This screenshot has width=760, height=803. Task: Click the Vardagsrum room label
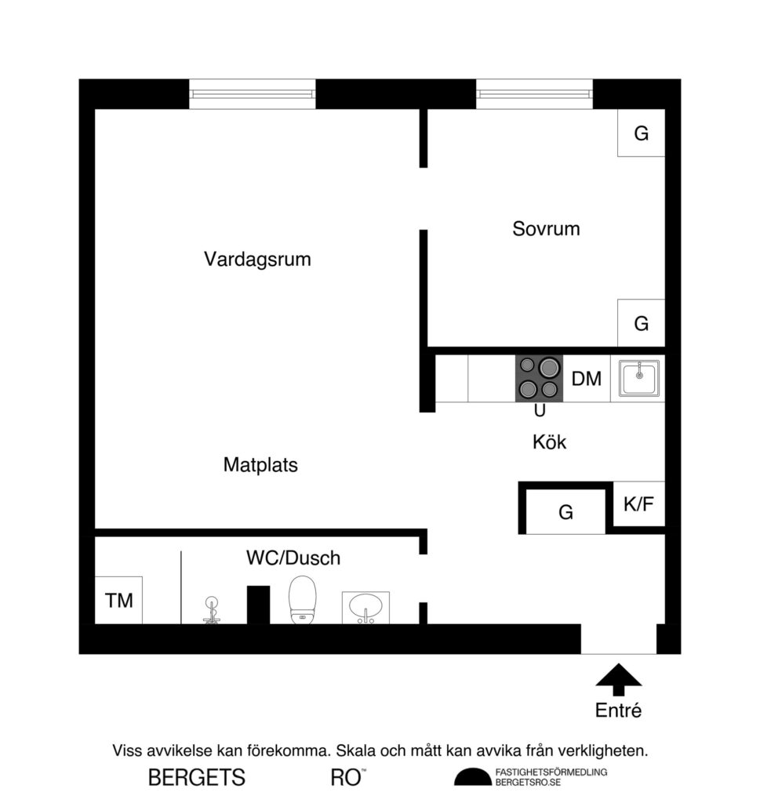click(x=257, y=259)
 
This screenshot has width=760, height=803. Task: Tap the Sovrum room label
click(x=546, y=229)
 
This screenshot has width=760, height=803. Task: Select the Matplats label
click(x=260, y=465)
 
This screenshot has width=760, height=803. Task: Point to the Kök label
click(x=549, y=442)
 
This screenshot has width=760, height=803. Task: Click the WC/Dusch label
click(x=293, y=558)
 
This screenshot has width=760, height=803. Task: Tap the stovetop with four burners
click(x=539, y=378)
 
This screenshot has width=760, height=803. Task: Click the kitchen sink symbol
click(x=639, y=378)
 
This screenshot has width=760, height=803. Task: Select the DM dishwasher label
click(x=586, y=380)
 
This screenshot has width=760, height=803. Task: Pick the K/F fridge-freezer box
click(x=638, y=504)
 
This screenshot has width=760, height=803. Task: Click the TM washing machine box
click(x=118, y=601)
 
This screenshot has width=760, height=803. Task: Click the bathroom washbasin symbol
click(x=365, y=607)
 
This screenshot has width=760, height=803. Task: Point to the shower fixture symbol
click(x=210, y=609)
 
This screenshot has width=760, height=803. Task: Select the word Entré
click(x=618, y=712)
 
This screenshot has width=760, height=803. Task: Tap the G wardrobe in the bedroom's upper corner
click(x=641, y=133)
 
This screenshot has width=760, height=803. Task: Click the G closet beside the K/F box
click(x=565, y=513)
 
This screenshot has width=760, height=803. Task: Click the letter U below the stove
click(x=540, y=411)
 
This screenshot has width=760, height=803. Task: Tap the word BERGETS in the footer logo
click(x=197, y=778)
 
